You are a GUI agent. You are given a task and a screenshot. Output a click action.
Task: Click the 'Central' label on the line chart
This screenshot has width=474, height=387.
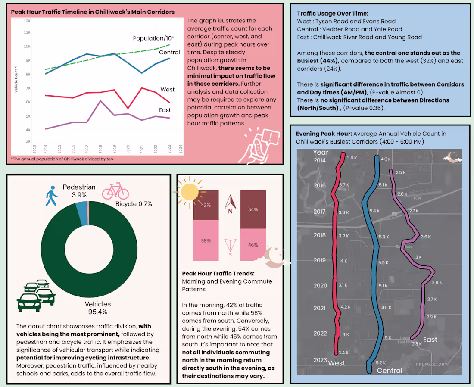click(169, 53)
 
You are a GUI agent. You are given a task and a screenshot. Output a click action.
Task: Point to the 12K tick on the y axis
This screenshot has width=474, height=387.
click(27, 21)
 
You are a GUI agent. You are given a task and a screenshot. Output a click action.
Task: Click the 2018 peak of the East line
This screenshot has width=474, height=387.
click(100, 101)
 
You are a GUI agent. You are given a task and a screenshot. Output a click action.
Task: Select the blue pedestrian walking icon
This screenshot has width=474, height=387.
click(52, 196)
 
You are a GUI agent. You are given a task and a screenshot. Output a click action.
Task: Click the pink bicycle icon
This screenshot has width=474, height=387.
click(115, 191)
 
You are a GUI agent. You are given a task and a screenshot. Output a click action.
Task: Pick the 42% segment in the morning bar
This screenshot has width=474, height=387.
click(206, 205)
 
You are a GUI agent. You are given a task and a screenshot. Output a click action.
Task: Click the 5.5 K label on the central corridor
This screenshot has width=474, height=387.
click(383, 262)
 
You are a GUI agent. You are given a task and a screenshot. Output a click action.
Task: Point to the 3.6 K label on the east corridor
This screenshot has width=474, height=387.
click(426, 237)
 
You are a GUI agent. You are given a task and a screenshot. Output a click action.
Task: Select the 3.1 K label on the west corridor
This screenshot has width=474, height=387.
click(343, 285)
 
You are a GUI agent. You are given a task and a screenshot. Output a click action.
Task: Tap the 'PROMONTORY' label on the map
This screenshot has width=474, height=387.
click(431, 364)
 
